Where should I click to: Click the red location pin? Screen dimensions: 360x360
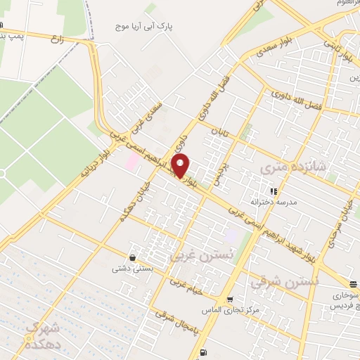point(181,167)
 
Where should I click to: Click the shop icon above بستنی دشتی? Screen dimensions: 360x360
point(132,257)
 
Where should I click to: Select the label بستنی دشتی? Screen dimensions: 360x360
point(129,268)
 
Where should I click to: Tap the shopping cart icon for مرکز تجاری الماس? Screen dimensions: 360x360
point(229,298)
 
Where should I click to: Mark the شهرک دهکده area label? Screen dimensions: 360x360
point(42,335)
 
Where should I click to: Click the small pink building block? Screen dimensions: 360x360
point(131,161)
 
